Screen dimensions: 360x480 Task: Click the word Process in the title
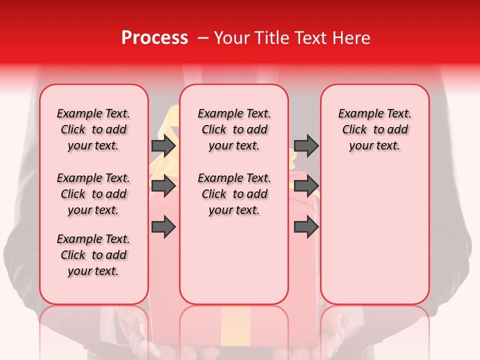click(154, 37)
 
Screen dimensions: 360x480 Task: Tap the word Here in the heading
click(351, 37)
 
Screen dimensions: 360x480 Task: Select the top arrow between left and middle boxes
click(163, 146)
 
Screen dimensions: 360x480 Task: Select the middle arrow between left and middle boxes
click(163, 186)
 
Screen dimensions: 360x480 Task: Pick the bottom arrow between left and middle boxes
click(163, 226)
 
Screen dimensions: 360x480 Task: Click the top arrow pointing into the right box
click(306, 146)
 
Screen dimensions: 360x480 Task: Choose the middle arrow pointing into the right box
click(306, 186)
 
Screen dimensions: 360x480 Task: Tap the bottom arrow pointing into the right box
click(306, 226)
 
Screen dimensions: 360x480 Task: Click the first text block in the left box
click(93, 129)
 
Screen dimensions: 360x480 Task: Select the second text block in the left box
click(93, 194)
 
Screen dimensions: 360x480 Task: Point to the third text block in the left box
click(93, 255)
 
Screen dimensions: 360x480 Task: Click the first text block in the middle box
click(234, 129)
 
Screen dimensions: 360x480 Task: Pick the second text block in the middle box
click(234, 194)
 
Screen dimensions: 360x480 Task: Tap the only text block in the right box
click(374, 129)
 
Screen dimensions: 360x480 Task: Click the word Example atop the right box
click(356, 113)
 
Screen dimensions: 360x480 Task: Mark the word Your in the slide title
click(231, 37)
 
